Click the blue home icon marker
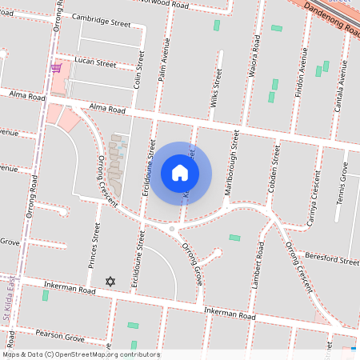tap(180, 172)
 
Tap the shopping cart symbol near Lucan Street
tap(56, 68)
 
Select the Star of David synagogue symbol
tap(110, 281)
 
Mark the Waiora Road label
tap(255, 52)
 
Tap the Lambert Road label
tap(257, 275)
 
